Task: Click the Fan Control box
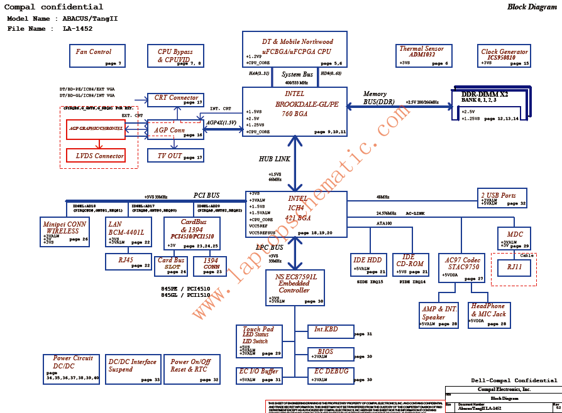click(96, 56)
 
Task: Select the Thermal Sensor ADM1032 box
click(421, 55)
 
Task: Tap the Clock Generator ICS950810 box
click(504, 56)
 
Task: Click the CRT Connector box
click(175, 100)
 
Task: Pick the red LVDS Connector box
click(96, 156)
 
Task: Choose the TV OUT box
click(175, 156)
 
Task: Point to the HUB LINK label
click(275, 159)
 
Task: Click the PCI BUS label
click(206, 195)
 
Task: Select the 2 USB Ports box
click(502, 198)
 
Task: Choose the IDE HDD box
click(368, 264)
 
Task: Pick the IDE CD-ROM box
click(410, 264)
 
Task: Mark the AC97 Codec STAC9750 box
click(464, 268)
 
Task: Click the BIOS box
click(329, 353)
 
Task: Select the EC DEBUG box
click(329, 375)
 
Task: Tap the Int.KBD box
click(329, 330)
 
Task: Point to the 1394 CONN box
click(212, 265)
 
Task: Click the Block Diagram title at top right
click(531, 7)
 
